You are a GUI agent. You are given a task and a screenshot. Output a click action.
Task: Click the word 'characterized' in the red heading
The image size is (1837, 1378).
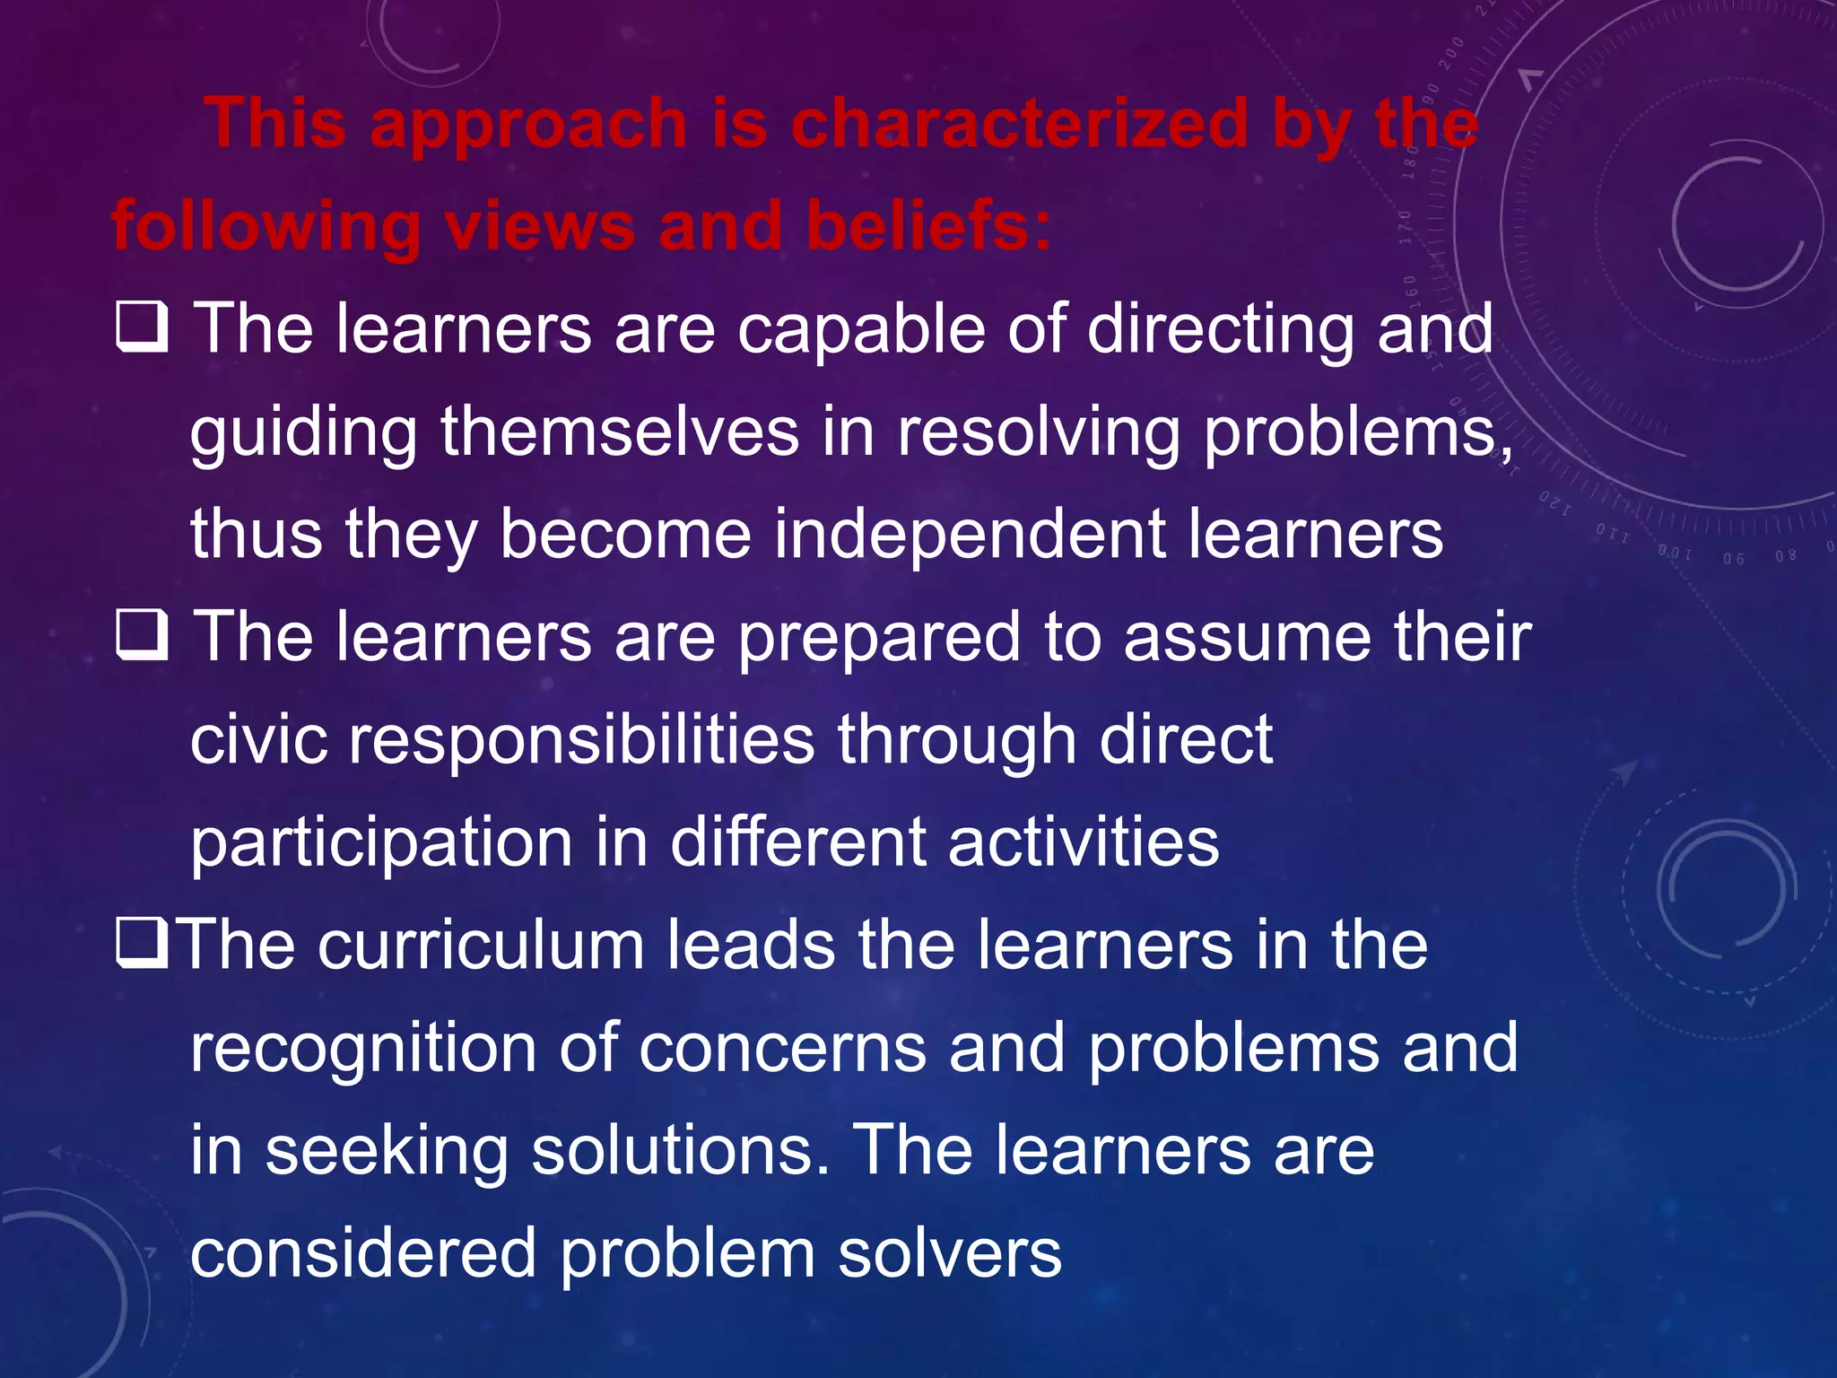point(1020,123)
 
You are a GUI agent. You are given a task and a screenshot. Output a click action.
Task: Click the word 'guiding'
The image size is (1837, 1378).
point(304,432)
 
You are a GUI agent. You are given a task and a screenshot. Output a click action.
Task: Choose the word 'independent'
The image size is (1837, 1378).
point(970,535)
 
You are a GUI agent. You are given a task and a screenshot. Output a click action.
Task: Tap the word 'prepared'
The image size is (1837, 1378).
point(879,638)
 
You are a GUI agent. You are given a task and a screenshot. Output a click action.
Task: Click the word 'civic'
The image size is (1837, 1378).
point(259,740)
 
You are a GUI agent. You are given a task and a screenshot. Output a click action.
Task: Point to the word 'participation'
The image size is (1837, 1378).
point(381,843)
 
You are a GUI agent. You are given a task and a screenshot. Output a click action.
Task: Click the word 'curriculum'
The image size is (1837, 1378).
point(482,946)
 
